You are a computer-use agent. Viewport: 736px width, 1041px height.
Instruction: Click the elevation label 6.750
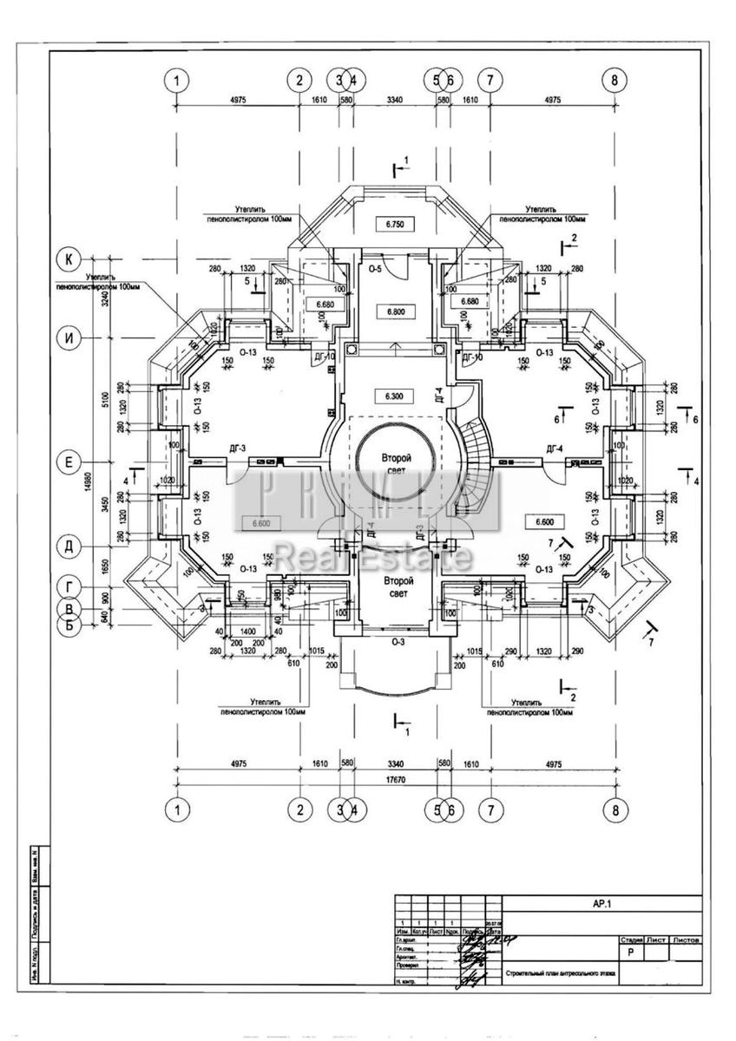pyautogui.click(x=395, y=224)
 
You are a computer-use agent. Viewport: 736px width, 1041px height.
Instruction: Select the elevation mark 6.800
pyautogui.click(x=395, y=311)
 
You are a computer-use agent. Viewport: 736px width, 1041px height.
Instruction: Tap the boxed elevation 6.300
pyautogui.click(x=395, y=396)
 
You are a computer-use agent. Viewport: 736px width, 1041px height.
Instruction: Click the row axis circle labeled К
pyautogui.click(x=68, y=259)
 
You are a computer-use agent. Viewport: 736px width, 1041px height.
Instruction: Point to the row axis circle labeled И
pyautogui.click(x=68, y=338)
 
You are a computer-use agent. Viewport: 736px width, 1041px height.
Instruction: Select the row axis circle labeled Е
pyautogui.click(x=68, y=462)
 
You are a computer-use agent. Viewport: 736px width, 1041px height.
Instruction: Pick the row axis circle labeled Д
pyautogui.click(x=68, y=546)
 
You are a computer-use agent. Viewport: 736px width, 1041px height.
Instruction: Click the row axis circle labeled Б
pyautogui.click(x=68, y=624)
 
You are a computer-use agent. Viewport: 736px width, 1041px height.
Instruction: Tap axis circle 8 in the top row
pyautogui.click(x=614, y=80)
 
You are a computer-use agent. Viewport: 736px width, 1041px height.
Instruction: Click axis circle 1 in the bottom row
pyautogui.click(x=176, y=809)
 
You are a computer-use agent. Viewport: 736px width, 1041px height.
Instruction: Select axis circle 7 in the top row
pyautogui.click(x=490, y=80)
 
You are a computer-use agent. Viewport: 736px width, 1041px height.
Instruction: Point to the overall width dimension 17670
pyautogui.click(x=395, y=779)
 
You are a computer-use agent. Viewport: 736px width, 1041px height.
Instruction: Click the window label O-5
pyautogui.click(x=375, y=270)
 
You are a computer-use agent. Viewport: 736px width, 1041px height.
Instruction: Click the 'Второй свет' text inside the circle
pyautogui.click(x=396, y=464)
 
